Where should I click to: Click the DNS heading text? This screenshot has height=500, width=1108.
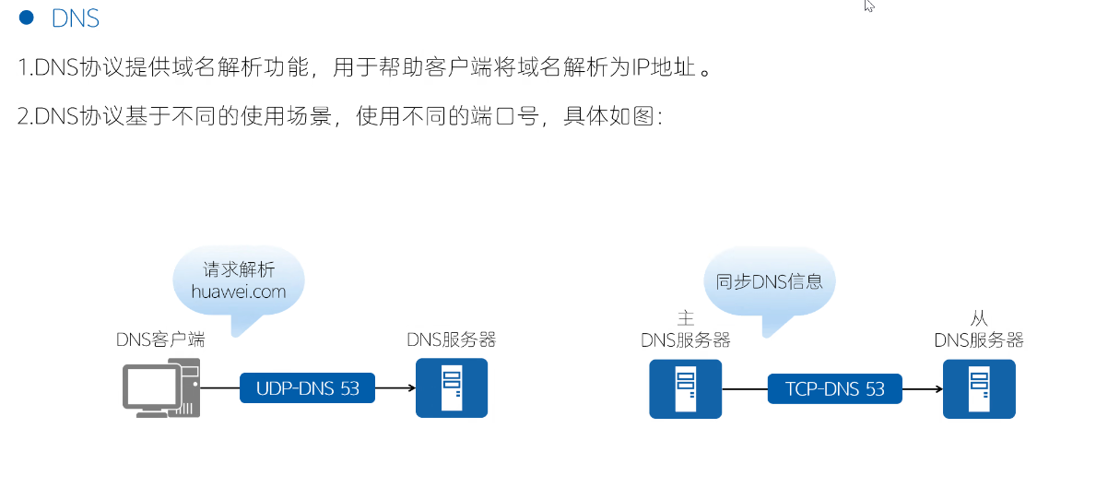click(x=76, y=18)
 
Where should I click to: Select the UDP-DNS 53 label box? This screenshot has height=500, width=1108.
click(x=308, y=388)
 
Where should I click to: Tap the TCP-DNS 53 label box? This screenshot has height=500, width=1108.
click(x=835, y=388)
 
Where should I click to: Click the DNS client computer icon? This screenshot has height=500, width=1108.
click(x=161, y=388)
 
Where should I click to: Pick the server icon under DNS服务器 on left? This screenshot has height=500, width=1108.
click(x=452, y=388)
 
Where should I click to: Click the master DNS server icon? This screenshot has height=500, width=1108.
click(x=686, y=388)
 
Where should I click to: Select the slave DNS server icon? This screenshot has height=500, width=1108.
click(x=979, y=388)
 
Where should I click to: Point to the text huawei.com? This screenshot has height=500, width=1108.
click(x=239, y=292)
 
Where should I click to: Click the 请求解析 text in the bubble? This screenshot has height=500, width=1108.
click(x=239, y=269)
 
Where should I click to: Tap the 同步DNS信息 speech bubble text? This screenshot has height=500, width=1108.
click(x=770, y=280)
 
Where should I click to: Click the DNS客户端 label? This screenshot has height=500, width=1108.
click(x=160, y=339)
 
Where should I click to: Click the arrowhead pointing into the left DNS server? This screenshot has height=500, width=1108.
click(x=410, y=388)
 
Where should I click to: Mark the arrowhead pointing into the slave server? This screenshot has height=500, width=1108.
click(x=937, y=388)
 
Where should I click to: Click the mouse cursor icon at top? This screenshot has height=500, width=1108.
click(x=868, y=6)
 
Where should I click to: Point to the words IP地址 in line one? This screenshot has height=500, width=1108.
click(x=657, y=68)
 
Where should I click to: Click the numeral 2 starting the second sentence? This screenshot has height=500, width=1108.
click(x=22, y=117)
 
